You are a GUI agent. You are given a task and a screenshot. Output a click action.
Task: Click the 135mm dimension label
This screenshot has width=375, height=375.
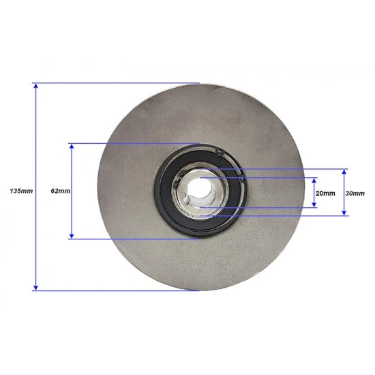pyautogui.click(x=21, y=191)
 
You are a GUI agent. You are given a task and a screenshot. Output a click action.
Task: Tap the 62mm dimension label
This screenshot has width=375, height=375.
pyautogui.click(x=61, y=191)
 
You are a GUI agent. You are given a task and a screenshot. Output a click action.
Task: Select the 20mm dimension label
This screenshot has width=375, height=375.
pyautogui.click(x=325, y=193)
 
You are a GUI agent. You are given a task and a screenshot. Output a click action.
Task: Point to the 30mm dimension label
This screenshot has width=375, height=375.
pyautogui.click(x=355, y=193)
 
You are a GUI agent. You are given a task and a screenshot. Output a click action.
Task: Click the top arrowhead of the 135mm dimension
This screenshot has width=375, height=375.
pyautogui.click(x=35, y=85)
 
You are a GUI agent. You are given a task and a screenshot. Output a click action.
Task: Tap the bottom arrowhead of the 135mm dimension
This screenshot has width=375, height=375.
pyautogui.click(x=35, y=288)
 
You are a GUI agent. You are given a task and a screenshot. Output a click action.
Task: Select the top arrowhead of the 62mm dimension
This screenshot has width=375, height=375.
pyautogui.click(x=72, y=146)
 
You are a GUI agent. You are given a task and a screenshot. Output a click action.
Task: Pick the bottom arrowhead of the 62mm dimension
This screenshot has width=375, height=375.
pyautogui.click(x=72, y=236)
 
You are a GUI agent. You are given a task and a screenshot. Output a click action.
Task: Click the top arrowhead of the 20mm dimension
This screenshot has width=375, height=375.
pyautogui.click(x=314, y=180)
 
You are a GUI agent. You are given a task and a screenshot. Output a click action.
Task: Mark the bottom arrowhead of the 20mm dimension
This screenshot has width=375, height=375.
pyautogui.click(x=314, y=205)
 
